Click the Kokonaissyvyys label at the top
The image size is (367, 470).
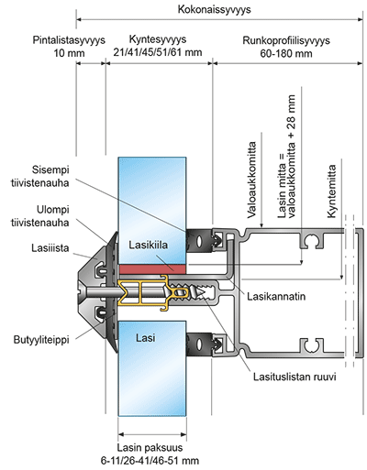(214, 9)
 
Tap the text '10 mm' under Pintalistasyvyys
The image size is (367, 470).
(69, 53)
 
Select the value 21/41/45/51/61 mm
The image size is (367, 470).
(158, 52)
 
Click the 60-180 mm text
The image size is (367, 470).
(286, 54)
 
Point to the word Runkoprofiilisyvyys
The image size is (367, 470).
(286, 40)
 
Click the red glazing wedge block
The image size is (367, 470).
(152, 269)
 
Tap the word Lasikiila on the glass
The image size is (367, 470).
(148, 245)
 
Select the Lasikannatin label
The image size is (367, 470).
(276, 296)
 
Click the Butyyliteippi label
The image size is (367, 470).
(41, 340)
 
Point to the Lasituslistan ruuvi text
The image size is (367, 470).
(295, 377)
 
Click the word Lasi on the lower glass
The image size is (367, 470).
(146, 338)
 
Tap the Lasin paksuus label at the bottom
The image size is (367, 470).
(150, 448)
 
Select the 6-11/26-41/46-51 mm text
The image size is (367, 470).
(150, 460)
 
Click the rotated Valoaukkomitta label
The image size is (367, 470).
(251, 180)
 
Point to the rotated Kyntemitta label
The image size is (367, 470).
(331, 191)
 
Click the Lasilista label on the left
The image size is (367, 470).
(50, 248)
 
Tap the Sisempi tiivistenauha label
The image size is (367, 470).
(50, 177)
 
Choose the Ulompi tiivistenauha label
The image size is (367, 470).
(40, 216)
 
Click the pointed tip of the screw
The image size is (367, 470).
(205, 292)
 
